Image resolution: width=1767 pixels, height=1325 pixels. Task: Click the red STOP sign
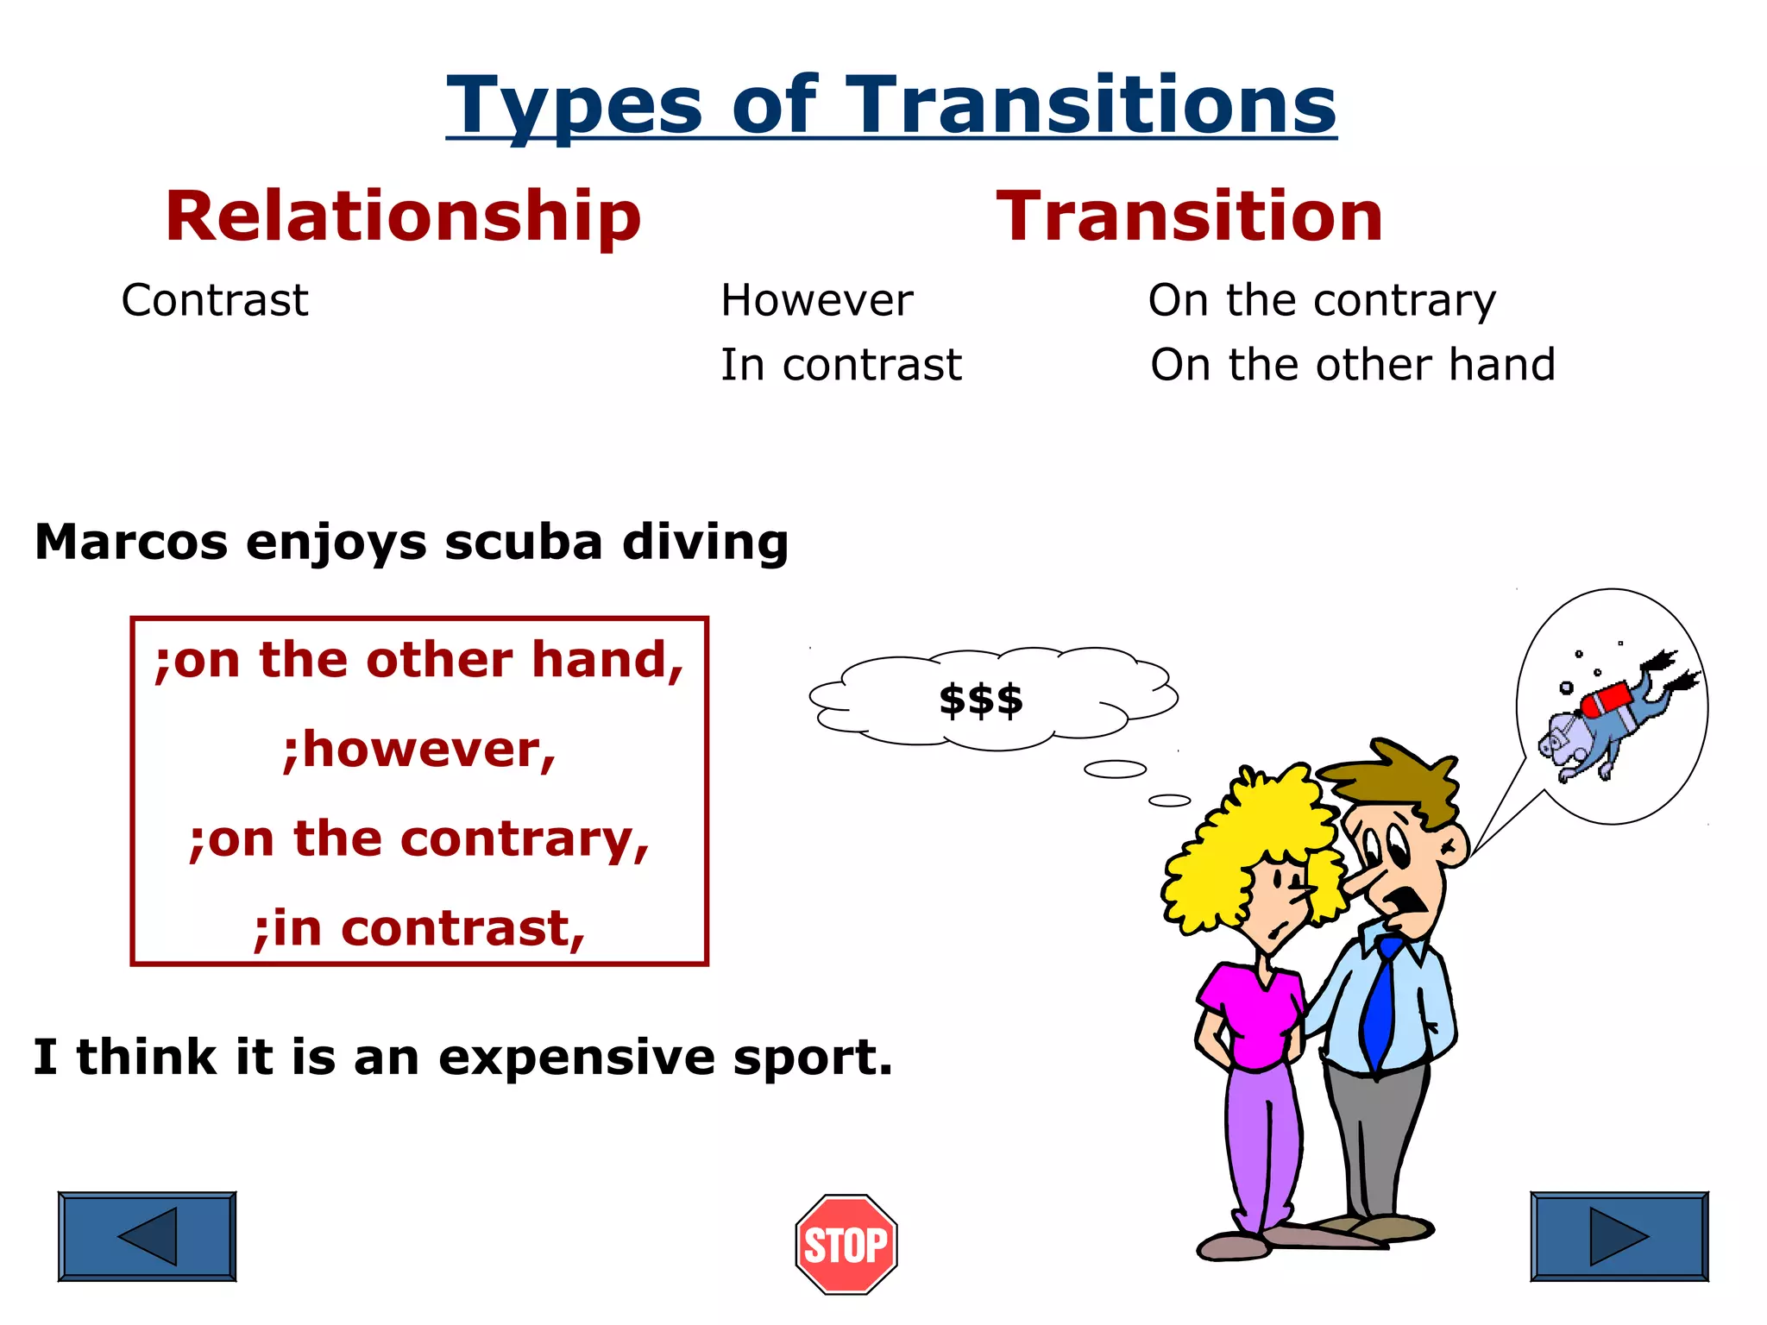click(x=846, y=1244)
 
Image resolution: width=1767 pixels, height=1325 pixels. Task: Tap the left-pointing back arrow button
click(x=148, y=1235)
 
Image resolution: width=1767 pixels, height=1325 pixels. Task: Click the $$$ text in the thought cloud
click(x=981, y=700)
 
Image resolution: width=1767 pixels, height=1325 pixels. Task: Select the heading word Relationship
click(x=403, y=217)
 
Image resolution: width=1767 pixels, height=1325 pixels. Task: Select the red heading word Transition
click(x=1190, y=217)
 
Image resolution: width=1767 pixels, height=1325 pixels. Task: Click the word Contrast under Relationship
click(x=215, y=300)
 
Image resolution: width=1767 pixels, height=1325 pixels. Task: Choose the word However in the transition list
click(x=816, y=300)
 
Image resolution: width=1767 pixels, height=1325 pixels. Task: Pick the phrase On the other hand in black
click(x=1352, y=364)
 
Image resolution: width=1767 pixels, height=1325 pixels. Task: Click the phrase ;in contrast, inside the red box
click(x=419, y=929)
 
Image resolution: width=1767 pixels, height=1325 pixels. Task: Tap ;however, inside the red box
click(x=419, y=749)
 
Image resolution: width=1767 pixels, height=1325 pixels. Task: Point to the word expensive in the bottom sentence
click(x=576, y=1058)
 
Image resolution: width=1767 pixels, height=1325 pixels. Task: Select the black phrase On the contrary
click(x=1322, y=300)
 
